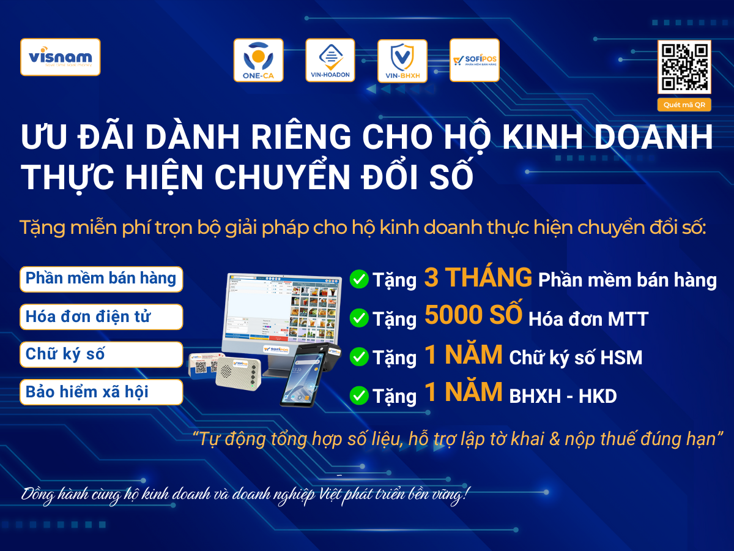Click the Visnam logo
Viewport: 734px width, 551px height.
pos(60,57)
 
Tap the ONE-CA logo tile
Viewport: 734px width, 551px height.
pos(258,60)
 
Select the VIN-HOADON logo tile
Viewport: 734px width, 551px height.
pos(330,60)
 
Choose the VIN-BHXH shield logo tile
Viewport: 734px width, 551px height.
pos(402,60)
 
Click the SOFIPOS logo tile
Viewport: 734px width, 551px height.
pos(475,60)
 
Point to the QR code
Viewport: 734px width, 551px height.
pos(684,67)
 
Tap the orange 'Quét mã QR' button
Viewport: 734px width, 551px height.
pos(684,105)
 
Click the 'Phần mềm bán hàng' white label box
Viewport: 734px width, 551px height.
pos(102,279)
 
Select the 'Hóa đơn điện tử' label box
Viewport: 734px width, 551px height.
pos(102,317)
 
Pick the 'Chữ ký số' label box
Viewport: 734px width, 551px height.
pos(102,354)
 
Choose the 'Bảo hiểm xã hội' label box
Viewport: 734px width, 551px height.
pos(102,392)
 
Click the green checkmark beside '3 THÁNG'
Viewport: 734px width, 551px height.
pos(358,280)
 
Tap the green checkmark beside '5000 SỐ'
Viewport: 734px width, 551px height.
pos(358,318)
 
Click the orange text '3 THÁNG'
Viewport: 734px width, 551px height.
pos(478,278)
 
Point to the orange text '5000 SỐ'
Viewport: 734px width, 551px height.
pos(473,316)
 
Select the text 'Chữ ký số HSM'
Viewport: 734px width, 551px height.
pos(576,358)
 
